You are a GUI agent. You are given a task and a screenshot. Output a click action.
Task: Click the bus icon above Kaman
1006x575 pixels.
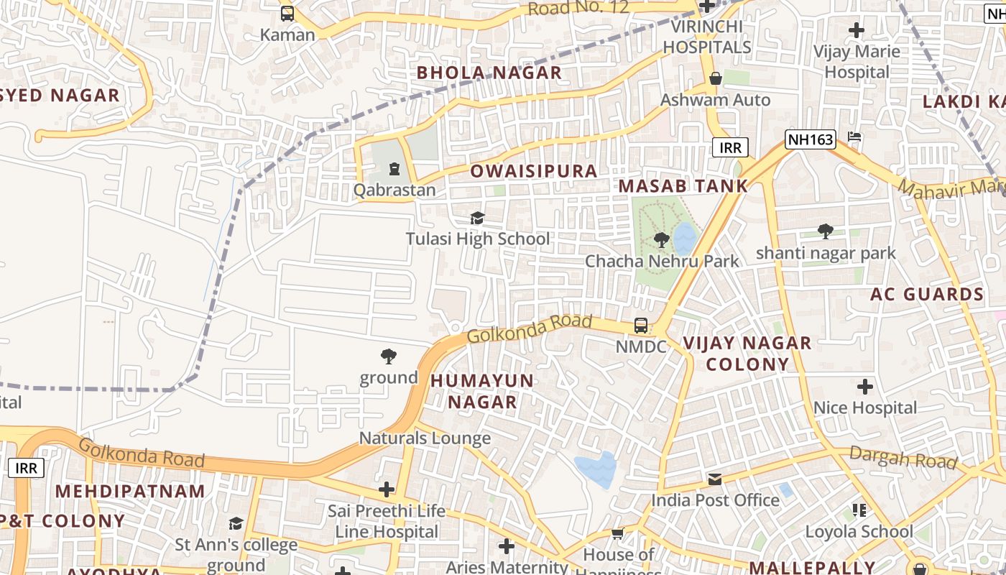click(287, 13)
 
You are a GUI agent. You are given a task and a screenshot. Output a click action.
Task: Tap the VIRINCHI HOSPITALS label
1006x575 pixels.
click(707, 37)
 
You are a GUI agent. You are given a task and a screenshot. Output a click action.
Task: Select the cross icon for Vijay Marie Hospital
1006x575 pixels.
click(856, 30)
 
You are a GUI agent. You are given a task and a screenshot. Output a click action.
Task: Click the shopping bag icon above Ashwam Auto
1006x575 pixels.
click(715, 78)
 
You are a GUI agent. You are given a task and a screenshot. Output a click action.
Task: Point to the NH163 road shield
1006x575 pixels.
click(810, 139)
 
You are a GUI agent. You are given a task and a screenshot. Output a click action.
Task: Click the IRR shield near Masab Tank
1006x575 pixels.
click(730, 148)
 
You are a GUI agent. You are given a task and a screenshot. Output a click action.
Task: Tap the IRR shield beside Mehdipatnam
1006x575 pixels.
click(26, 468)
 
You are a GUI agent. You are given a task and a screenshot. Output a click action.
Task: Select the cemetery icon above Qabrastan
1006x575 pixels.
click(394, 170)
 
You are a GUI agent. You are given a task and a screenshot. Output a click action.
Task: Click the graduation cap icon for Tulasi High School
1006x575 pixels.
click(477, 218)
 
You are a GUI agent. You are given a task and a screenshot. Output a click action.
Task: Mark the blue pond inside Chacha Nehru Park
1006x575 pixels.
click(684, 239)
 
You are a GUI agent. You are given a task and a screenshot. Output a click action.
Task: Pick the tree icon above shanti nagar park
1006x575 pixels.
click(826, 231)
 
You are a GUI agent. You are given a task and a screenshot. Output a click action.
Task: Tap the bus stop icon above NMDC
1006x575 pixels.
click(640, 326)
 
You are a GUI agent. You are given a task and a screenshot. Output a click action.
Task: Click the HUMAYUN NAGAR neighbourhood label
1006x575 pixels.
click(482, 391)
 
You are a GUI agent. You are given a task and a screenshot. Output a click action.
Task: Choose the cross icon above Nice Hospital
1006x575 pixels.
click(865, 387)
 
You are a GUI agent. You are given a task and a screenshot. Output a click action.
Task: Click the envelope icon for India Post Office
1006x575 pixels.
click(715, 479)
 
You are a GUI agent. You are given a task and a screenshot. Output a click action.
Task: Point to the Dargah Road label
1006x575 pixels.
click(903, 457)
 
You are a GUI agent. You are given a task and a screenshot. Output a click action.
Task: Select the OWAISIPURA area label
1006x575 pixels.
click(533, 171)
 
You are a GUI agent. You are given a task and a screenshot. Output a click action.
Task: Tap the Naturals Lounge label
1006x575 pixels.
click(425, 438)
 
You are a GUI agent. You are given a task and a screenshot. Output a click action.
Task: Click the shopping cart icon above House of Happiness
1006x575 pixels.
click(617, 533)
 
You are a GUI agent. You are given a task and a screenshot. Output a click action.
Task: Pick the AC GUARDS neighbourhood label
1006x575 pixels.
click(926, 294)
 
